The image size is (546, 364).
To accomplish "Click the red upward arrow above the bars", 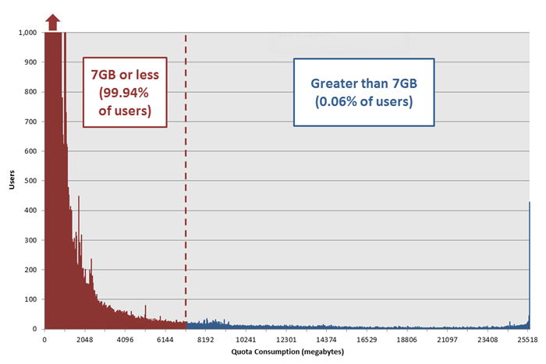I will (52, 22).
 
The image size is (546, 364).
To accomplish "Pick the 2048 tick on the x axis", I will (85, 340).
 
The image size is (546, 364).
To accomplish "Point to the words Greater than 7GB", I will (364, 83).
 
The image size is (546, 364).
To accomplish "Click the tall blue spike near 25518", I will (529, 265).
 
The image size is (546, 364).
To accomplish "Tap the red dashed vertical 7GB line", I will (186, 195).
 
